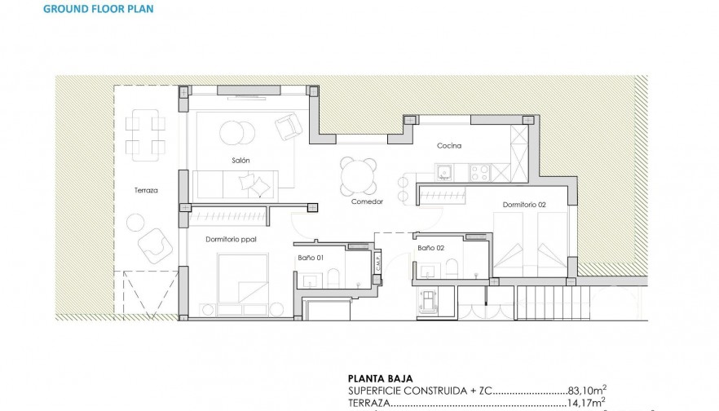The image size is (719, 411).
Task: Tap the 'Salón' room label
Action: pos(240,161)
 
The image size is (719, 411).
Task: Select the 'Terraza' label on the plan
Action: pos(146,190)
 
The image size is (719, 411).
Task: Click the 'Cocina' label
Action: pos(449,146)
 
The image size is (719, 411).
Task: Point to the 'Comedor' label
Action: pos(367,201)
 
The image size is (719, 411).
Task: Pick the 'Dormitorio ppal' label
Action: pos(232,239)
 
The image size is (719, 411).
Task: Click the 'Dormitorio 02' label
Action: pos(524,204)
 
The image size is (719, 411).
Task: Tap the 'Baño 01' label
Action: pos(311,258)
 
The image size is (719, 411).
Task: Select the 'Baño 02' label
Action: pos(430,247)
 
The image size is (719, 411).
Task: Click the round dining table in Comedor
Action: pos(359,175)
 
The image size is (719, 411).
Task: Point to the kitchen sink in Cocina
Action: pos(444,171)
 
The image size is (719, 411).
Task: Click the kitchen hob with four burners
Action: pos(479,171)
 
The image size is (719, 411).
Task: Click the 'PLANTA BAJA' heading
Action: pos(379,378)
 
